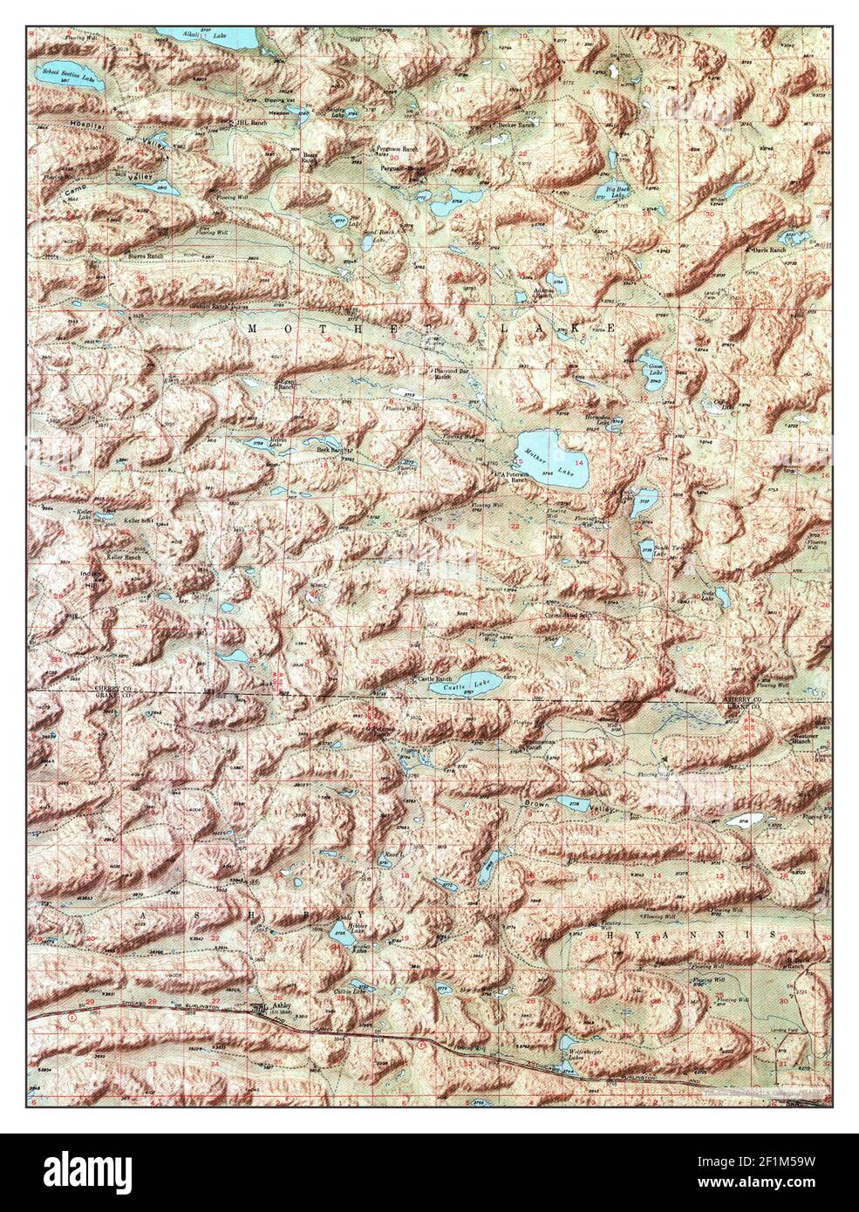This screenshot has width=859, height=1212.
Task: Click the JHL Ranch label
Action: click(x=249, y=123)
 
